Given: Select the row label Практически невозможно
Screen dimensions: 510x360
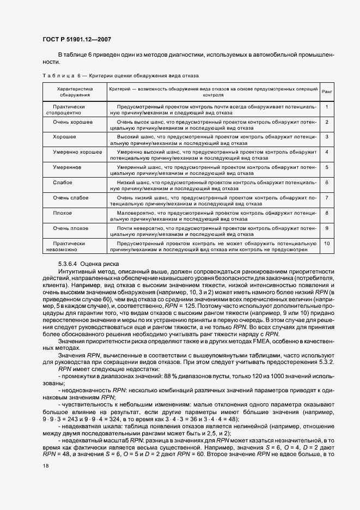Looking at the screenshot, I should pos(70,246).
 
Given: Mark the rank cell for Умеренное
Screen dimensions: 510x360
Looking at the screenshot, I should pos(326,167).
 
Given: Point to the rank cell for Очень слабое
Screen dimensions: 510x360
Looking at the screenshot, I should pos(326,197).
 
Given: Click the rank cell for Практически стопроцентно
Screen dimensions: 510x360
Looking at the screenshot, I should pos(326,106).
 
